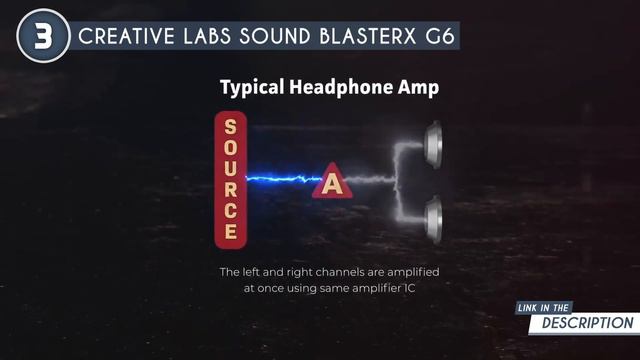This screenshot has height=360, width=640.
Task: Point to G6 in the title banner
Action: click(440, 38)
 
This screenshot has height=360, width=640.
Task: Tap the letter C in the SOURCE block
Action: click(230, 211)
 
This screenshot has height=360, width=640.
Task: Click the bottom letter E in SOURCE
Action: click(230, 232)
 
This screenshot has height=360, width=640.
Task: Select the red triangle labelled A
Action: click(331, 183)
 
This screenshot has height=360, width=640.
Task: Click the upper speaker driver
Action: click(433, 143)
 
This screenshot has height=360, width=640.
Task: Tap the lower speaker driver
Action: click(433, 217)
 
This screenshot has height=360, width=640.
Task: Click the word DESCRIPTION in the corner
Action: click(588, 323)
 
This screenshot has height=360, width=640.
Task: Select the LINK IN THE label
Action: click(545, 307)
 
